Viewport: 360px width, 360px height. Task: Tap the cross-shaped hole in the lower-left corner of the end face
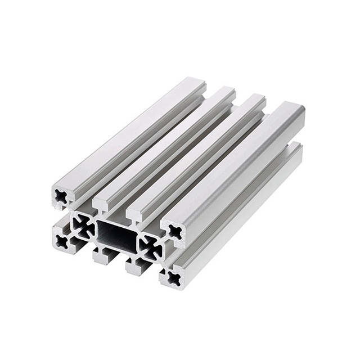61,241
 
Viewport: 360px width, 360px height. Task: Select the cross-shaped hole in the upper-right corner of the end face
175,231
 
